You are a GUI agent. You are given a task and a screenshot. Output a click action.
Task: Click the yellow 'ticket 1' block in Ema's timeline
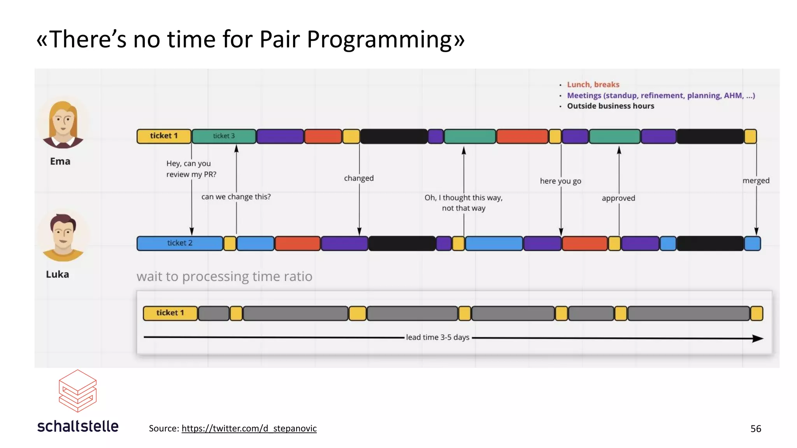pyautogui.click(x=164, y=136)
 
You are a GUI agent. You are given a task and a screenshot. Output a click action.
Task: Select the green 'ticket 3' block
pyautogui.click(x=224, y=136)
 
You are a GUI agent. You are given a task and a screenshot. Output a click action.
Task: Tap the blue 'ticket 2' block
pyautogui.click(x=180, y=243)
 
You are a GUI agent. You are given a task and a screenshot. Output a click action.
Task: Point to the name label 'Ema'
pyautogui.click(x=60, y=161)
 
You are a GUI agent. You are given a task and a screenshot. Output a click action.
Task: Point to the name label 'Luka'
pyautogui.click(x=58, y=274)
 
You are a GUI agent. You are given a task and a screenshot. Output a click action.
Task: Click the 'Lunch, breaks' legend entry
pyautogui.click(x=593, y=84)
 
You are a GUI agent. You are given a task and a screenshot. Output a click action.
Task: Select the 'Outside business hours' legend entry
pyautogui.click(x=610, y=106)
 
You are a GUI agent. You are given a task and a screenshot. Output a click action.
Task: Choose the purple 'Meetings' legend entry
pyautogui.click(x=660, y=95)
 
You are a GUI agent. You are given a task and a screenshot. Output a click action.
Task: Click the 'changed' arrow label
pyautogui.click(x=358, y=178)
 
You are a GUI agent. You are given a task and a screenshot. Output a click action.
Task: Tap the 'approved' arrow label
pyautogui.click(x=618, y=198)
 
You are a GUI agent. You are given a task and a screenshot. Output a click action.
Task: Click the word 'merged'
pyautogui.click(x=755, y=180)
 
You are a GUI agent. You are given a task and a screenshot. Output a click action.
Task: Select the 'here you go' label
pyautogui.click(x=560, y=181)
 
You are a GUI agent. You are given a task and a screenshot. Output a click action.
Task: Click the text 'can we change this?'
pyautogui.click(x=236, y=197)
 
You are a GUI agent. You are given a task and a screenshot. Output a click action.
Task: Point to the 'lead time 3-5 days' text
pyautogui.click(x=437, y=337)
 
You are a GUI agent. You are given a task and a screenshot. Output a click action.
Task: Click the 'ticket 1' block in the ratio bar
pyautogui.click(x=170, y=313)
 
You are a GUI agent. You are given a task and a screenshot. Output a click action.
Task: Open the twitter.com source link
pyautogui.click(x=249, y=428)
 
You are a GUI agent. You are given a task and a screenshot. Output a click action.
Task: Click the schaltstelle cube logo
pyautogui.click(x=77, y=390)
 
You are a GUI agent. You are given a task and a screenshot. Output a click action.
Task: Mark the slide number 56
pyautogui.click(x=755, y=429)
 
